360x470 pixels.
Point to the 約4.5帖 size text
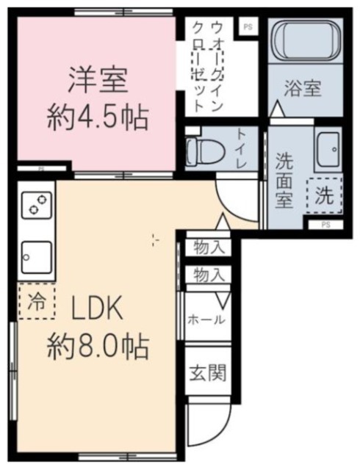point(98,116)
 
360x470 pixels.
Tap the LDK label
point(99,311)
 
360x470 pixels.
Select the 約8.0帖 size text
point(98,343)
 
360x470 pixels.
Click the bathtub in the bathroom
point(303,42)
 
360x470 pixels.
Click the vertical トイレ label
point(243,148)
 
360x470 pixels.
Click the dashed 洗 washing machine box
point(324,196)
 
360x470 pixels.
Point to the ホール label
point(206,319)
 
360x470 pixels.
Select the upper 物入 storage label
point(207,247)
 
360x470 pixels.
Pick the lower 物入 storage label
point(207,275)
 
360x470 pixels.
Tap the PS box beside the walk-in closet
point(247,26)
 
